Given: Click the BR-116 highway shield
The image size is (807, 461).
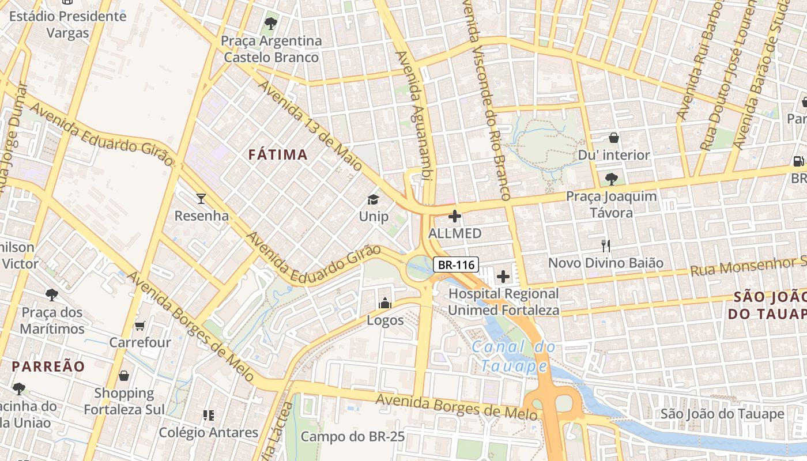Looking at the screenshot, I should point(455,264).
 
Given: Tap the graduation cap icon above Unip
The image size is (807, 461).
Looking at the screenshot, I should point(374,199).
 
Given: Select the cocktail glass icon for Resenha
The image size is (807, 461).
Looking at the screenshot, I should point(201,199).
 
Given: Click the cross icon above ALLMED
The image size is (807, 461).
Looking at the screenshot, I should point(455,217).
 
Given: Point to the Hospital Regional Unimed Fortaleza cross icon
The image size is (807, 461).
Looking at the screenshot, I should point(503,277).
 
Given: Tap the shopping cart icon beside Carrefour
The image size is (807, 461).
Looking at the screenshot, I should point(139,326).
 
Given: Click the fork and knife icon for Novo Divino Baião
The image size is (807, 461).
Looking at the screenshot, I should point(605,246).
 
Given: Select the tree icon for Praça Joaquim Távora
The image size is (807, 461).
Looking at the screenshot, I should point(611,179).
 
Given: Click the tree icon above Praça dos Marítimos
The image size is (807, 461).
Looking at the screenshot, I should point(52,295).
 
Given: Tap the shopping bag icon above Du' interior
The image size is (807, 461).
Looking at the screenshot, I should point(614,138).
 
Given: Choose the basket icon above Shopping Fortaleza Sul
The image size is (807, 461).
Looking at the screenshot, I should point(124,376).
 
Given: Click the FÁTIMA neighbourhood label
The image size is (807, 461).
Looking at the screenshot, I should point(278,154).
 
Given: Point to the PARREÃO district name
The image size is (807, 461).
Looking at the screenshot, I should point(48,366).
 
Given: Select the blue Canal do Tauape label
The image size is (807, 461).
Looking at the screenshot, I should point(514,356).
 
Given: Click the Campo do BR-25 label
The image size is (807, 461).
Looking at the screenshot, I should point(353,437).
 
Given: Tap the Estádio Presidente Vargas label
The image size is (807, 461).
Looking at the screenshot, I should point(67,24).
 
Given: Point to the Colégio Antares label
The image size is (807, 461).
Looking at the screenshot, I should point(209,432).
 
